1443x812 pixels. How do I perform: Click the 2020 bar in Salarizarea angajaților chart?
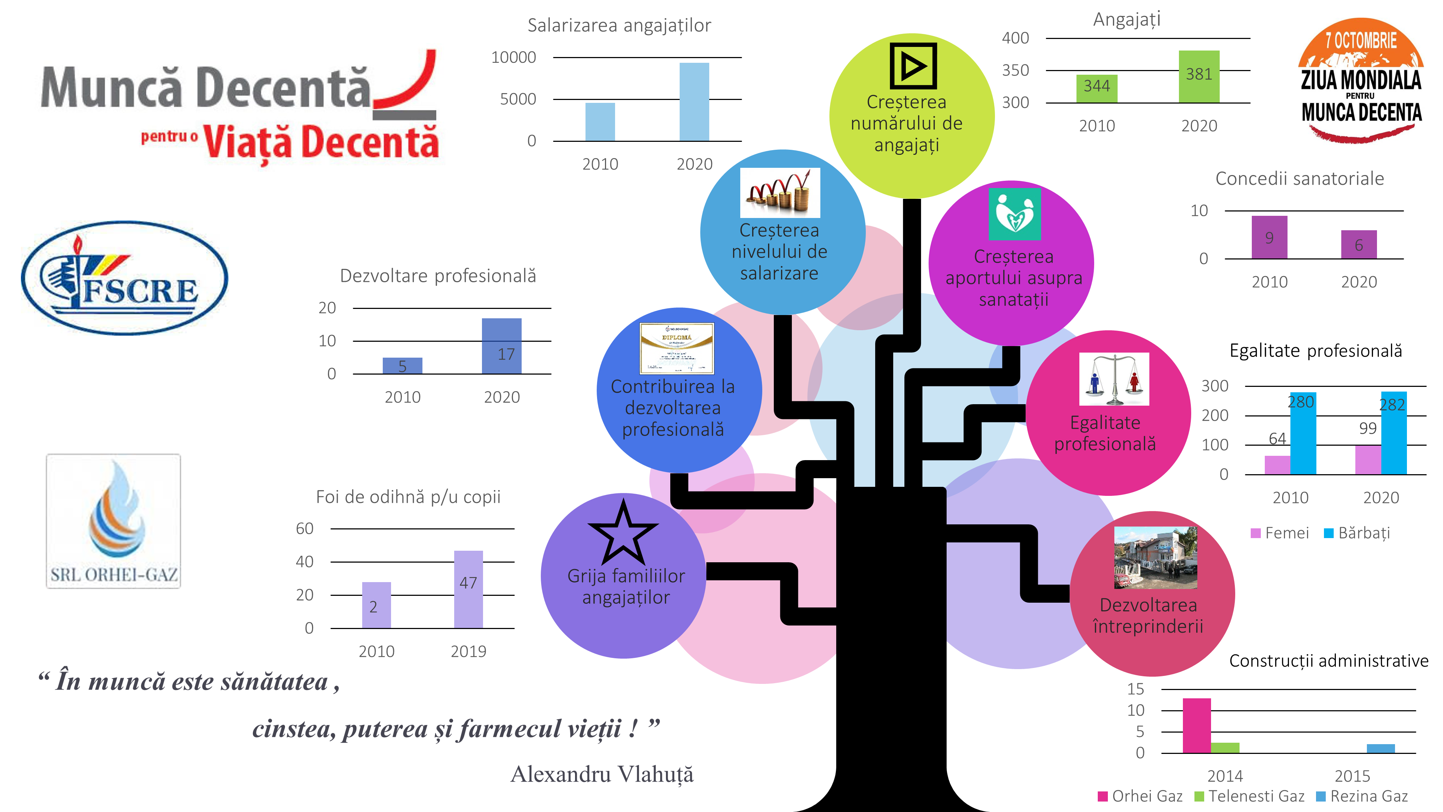click(x=694, y=102)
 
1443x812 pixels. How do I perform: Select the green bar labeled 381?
click(x=1199, y=77)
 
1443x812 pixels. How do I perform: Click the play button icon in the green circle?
click(x=913, y=66)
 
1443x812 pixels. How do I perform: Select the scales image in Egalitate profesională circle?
click(x=1114, y=379)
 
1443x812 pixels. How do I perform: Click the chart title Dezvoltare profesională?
click(x=438, y=276)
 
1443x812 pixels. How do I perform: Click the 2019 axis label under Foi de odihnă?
click(x=468, y=651)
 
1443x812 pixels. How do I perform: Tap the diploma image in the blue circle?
click(x=677, y=348)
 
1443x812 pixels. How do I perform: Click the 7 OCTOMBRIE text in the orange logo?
click(x=1361, y=41)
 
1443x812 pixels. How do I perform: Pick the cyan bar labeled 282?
click(x=1393, y=433)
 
